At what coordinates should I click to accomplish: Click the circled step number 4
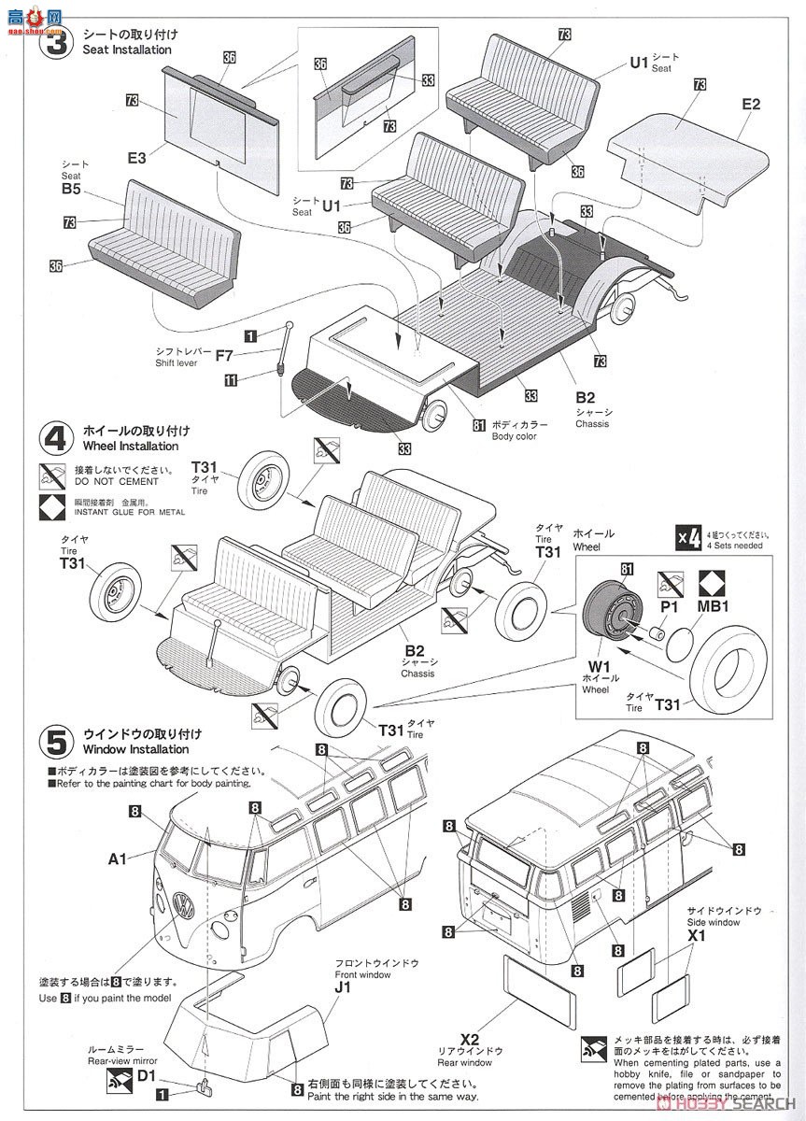[x=56, y=437]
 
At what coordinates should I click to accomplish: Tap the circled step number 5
[x=56, y=742]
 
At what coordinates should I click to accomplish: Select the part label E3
[x=137, y=159]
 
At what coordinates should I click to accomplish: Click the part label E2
[x=751, y=105]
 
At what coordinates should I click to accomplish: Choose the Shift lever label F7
[x=224, y=355]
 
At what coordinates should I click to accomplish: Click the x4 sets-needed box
[x=688, y=538]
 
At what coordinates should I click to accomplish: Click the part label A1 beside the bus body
[x=117, y=858]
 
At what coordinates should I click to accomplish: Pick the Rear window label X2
[x=469, y=1039]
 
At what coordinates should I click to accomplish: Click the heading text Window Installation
[x=135, y=749]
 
